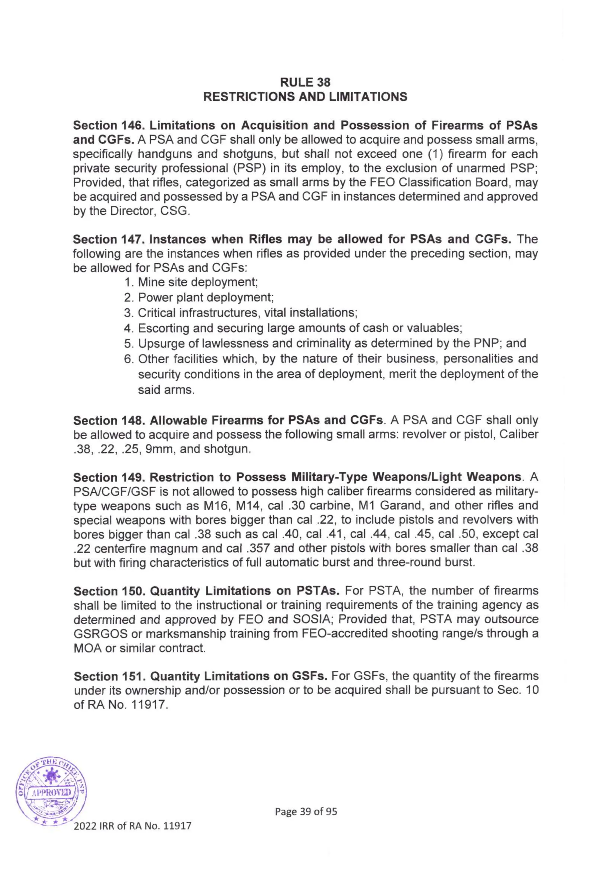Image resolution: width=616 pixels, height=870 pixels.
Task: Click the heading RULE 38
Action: pyautogui.click(x=305, y=82)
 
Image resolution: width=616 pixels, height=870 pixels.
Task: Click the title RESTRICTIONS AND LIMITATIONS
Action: pyautogui.click(x=305, y=97)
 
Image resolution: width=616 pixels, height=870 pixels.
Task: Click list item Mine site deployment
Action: pyautogui.click(x=198, y=282)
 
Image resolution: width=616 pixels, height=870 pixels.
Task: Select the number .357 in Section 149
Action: pyautogui.click(x=260, y=548)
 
